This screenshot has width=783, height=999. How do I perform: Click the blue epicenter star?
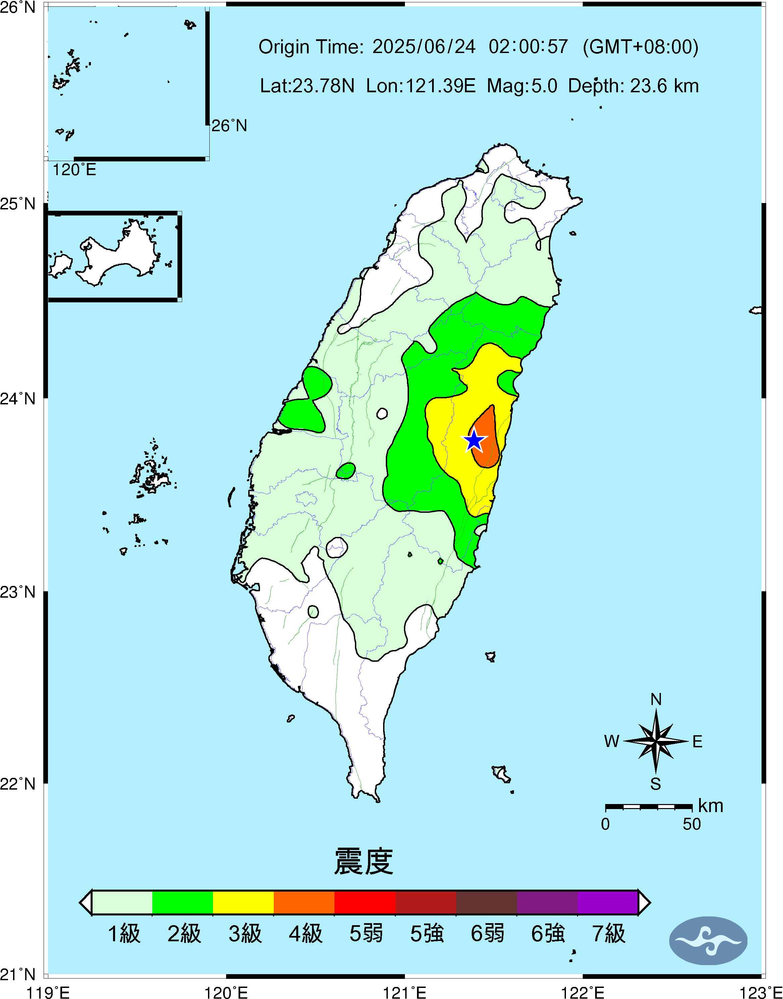point(474,441)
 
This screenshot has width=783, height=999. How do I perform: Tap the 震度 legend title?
point(364,861)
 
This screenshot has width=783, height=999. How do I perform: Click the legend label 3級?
point(245,934)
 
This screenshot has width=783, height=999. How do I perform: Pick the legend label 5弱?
point(366,934)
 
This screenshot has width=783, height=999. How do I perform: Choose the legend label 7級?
point(608,934)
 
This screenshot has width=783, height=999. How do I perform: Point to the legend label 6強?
point(548,934)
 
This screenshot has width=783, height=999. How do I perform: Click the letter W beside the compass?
point(612,741)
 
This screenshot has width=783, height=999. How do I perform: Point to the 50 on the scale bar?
point(691,824)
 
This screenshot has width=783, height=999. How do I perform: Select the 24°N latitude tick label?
point(17,398)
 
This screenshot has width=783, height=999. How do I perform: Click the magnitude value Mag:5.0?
point(522,86)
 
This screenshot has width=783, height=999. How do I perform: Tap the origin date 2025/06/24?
point(424,47)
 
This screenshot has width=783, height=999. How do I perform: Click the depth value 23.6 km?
point(664,86)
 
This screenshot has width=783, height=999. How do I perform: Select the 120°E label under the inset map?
point(74,170)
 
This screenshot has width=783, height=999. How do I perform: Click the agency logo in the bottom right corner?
point(708,940)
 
